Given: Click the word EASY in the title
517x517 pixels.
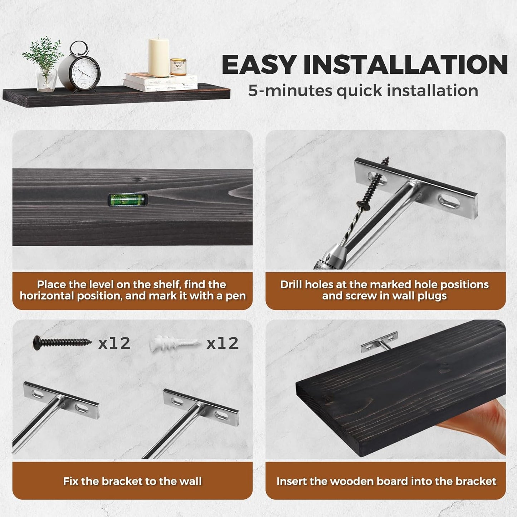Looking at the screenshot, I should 258,65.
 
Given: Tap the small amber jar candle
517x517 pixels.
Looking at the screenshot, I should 178,67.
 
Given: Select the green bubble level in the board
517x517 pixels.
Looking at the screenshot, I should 128,200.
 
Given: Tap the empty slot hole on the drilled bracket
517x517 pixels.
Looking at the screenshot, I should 450,201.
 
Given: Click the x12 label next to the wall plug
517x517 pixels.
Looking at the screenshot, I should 223,343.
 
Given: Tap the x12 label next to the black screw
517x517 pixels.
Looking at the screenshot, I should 114,343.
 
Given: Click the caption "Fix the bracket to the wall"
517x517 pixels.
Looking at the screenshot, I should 132,481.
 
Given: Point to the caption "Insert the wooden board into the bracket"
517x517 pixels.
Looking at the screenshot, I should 386,481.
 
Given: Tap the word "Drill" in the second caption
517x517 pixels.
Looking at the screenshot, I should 292,284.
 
